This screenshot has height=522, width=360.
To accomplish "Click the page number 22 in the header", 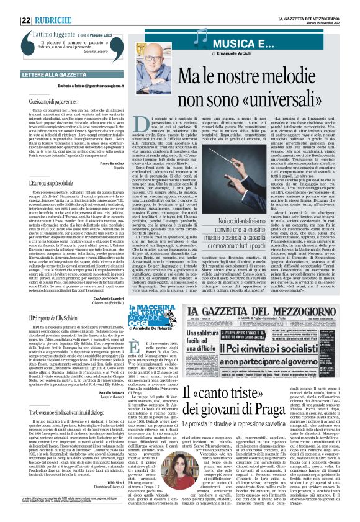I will (x=9, y=6).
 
